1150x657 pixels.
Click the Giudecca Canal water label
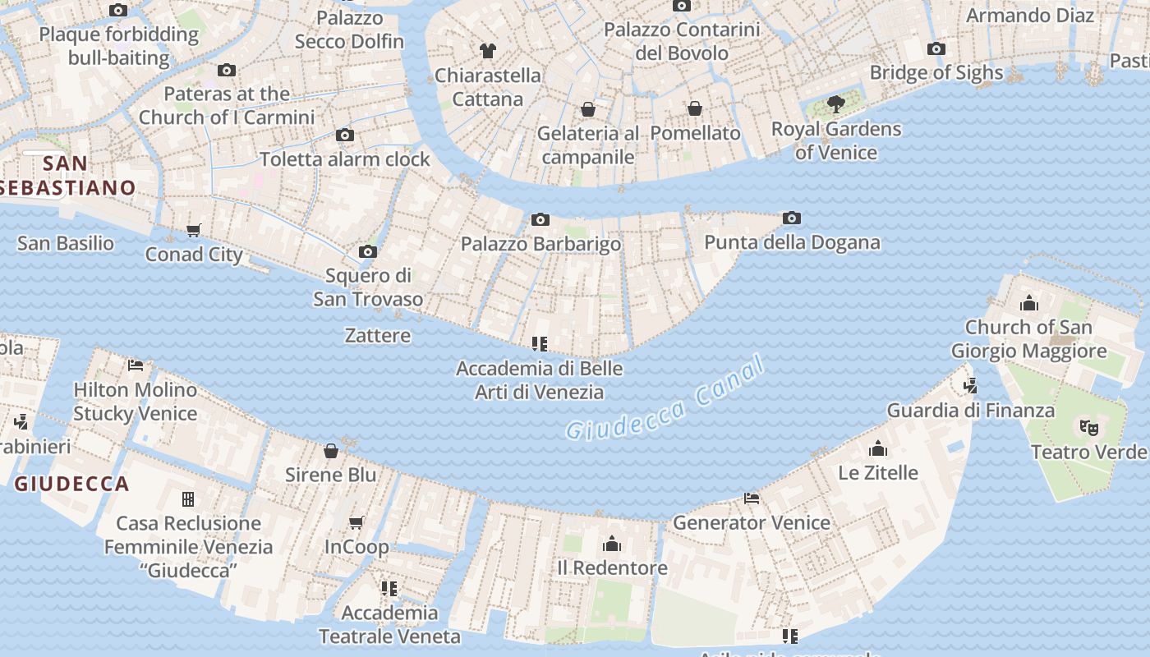tap(665, 399)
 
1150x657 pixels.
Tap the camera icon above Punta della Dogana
tap(792, 218)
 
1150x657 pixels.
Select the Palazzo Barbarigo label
tap(540, 244)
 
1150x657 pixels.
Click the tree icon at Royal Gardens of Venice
tap(836, 104)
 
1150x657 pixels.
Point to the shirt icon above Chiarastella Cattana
tap(488, 51)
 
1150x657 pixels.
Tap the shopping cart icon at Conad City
tap(194, 230)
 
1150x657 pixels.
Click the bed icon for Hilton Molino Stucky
tap(136, 365)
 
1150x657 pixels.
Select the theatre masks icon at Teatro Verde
tap(1089, 427)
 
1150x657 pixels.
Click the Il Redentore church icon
tap(612, 544)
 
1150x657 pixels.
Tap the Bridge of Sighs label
tap(936, 72)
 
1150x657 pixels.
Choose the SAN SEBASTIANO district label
tap(66, 176)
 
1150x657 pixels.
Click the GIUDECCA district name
tap(72, 484)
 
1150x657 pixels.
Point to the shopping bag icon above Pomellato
tap(695, 108)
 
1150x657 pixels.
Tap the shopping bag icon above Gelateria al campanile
tap(588, 108)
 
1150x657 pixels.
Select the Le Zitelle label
tap(878, 473)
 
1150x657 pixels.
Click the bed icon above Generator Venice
tap(752, 498)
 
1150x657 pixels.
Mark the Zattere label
tap(378, 335)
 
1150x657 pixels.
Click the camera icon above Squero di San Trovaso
tap(368, 251)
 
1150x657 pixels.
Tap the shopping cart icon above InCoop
tap(356, 522)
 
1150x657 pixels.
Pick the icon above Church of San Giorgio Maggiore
tap(1029, 303)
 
